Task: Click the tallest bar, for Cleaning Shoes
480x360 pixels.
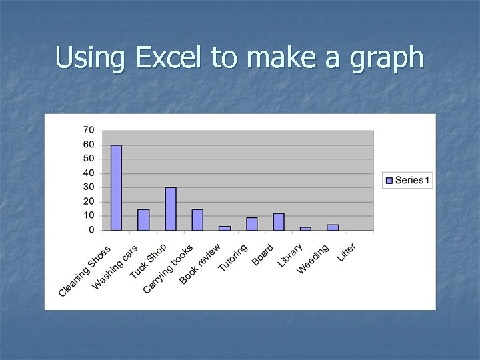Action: (116, 187)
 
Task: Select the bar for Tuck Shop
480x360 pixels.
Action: (171, 209)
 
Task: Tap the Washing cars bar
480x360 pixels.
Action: (143, 219)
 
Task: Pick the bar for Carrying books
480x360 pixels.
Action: (197, 219)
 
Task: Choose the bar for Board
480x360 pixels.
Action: (279, 221)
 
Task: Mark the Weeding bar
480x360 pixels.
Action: (333, 227)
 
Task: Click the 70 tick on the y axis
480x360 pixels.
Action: (88, 129)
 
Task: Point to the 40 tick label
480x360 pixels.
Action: (88, 173)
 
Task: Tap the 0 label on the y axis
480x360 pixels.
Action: (91, 230)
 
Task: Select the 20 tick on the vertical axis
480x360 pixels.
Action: (88, 201)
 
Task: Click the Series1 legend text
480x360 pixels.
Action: (413, 180)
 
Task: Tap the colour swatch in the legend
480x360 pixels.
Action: (389, 180)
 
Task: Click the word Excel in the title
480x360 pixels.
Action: (171, 58)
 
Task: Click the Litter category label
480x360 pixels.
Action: (347, 252)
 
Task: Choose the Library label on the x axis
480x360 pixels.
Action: (291, 255)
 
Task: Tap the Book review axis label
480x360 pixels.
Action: (200, 264)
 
